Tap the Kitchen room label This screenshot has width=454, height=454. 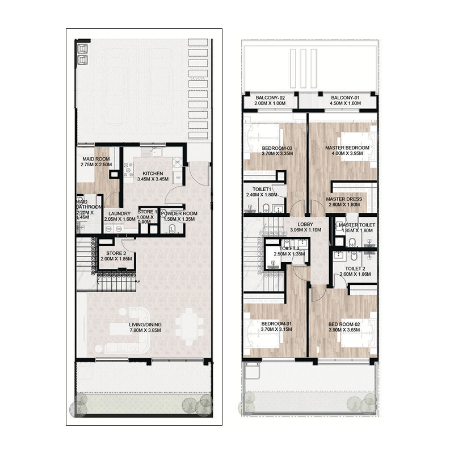point(153,173)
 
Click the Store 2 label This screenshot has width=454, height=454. point(116,253)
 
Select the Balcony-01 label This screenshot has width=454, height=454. point(346,98)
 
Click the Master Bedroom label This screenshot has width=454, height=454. point(347,148)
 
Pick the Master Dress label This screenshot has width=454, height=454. point(344,199)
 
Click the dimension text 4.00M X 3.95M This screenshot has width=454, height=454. point(347,154)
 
